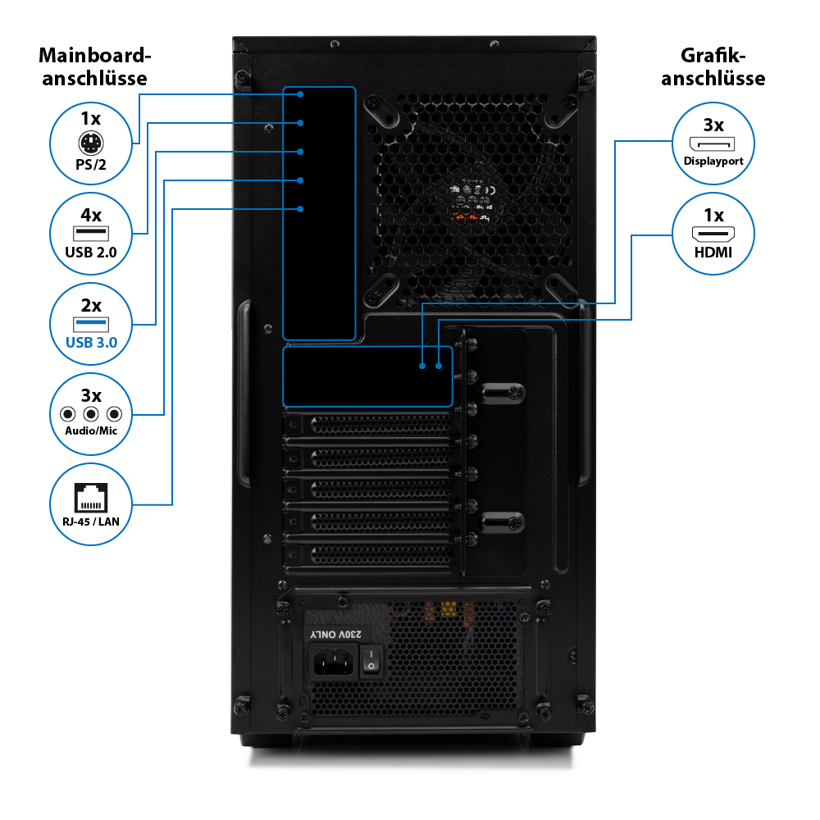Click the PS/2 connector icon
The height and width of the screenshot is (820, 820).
point(91,148)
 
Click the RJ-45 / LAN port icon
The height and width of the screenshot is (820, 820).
point(91,496)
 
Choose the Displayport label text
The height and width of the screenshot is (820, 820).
point(713,161)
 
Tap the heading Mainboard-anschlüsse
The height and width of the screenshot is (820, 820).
point(95,67)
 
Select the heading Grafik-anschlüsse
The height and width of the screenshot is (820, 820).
point(713,67)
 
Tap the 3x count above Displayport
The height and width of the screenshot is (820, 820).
point(713,125)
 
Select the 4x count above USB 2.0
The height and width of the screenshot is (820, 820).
point(91,216)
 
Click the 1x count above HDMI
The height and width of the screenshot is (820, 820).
point(713,216)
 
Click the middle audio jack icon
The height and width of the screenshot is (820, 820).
point(91,414)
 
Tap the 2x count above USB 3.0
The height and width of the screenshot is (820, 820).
point(91,306)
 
